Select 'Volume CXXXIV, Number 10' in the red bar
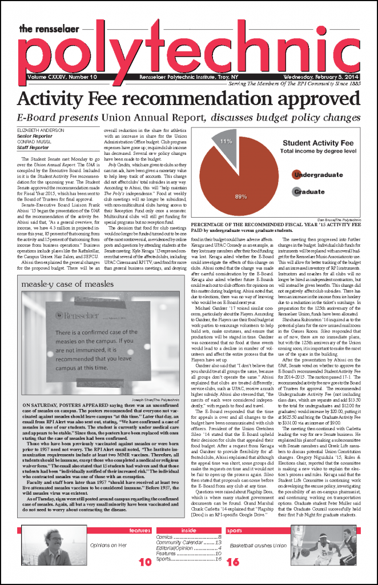62,77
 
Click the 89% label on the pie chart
240,196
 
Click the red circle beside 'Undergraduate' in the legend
296,175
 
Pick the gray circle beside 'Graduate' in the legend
296,193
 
